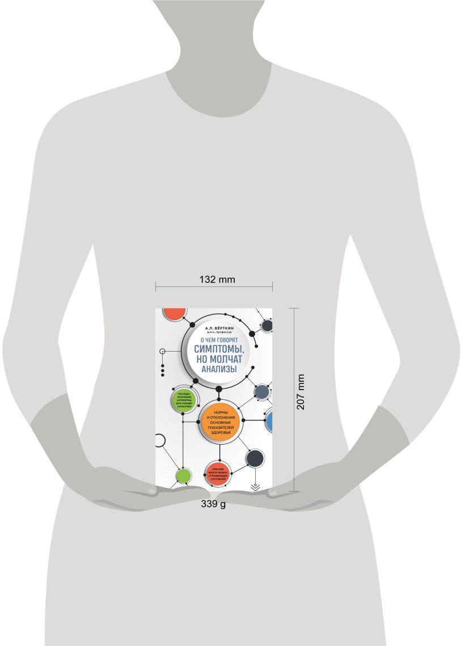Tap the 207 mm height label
coord(301,391)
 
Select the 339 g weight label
coord(213,504)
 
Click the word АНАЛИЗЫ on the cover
coord(217,368)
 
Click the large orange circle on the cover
coord(221,421)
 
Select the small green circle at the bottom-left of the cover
coord(183,475)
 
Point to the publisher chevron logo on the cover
coord(255,485)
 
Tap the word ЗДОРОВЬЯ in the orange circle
coord(221,433)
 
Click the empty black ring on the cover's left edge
coord(159,440)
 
